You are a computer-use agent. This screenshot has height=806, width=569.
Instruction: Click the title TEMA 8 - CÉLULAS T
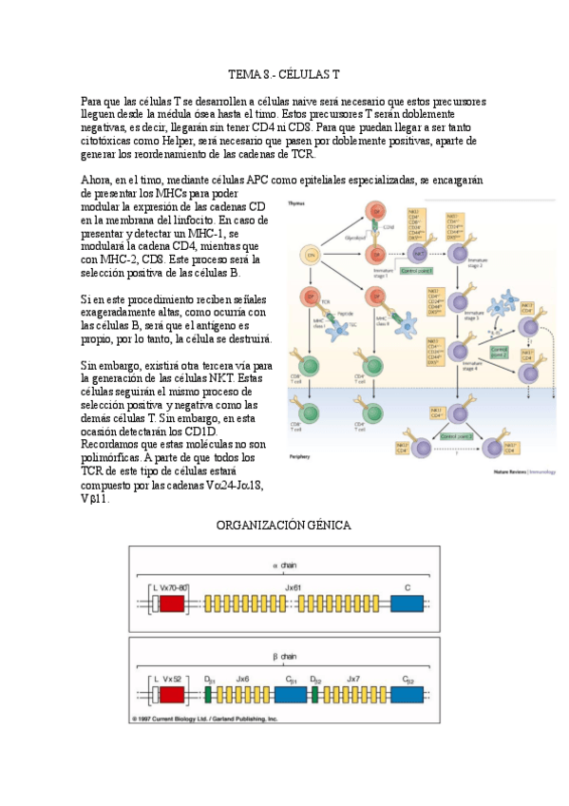(x=284, y=73)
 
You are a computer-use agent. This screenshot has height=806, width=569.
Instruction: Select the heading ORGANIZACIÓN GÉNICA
(x=284, y=525)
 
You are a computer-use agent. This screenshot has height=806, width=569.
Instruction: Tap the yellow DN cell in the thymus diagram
(x=309, y=254)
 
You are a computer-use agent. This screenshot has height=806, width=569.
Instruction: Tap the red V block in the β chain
(x=171, y=695)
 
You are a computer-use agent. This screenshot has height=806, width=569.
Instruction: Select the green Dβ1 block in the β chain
(x=207, y=695)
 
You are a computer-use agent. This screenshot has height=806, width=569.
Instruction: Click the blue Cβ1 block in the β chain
(x=291, y=695)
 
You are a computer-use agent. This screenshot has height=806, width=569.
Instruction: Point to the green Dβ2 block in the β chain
(x=317, y=695)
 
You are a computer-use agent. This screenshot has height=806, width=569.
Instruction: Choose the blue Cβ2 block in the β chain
(x=407, y=695)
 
